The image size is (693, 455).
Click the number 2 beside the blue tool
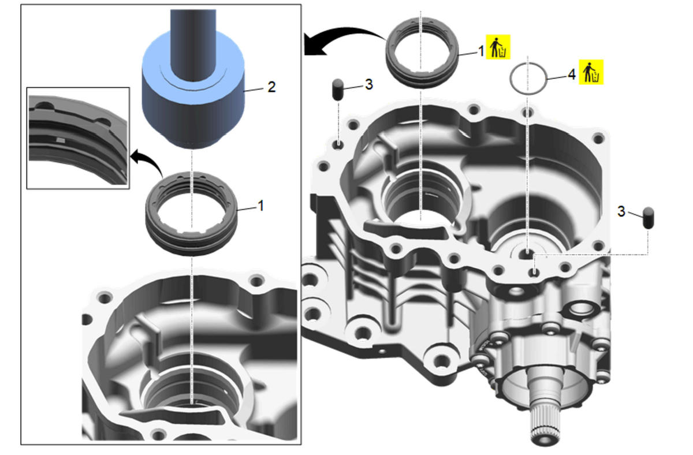point(271,87)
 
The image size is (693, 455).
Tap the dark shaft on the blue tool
point(193,45)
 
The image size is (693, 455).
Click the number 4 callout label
point(571,74)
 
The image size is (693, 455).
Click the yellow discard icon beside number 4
point(591,72)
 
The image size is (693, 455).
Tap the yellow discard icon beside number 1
point(498,47)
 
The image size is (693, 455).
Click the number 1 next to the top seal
point(480,51)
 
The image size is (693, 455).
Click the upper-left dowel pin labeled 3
point(338,89)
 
